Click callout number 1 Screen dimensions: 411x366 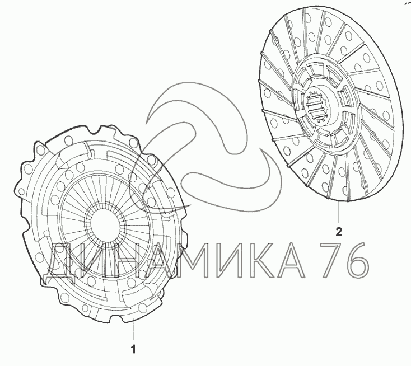point(134,349)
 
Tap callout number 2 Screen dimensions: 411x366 point(339,232)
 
